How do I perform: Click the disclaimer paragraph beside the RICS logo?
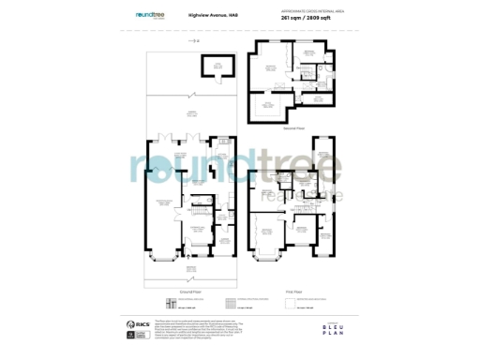[188, 327]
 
